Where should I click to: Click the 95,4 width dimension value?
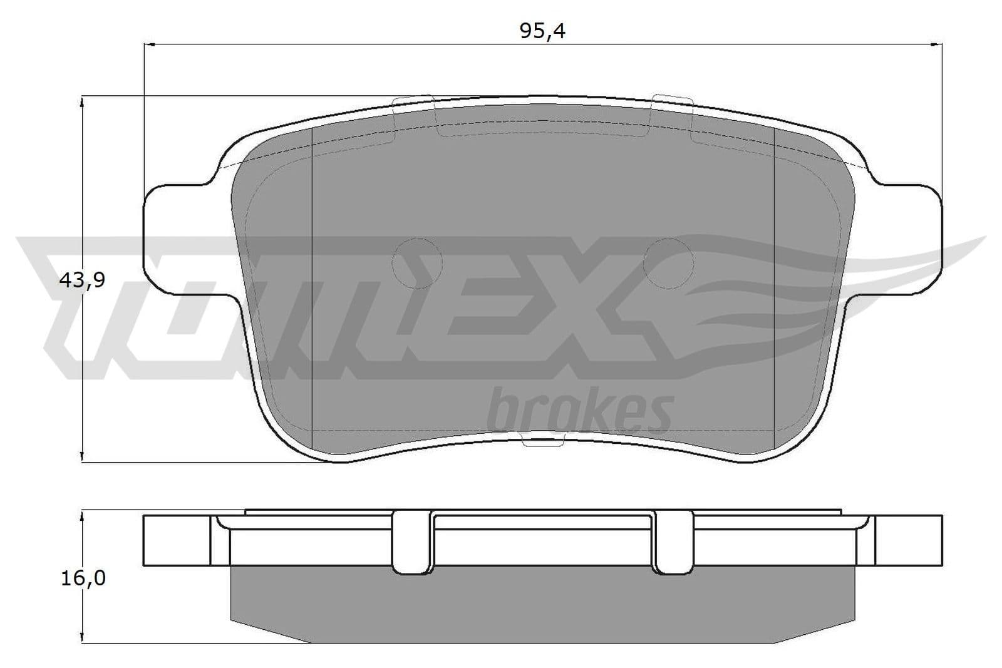pyautogui.click(x=542, y=31)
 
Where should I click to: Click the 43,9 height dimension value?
pyautogui.click(x=82, y=280)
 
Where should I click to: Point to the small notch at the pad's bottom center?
pyautogui.click(x=541, y=443)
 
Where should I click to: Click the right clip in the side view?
pyautogui.click(x=673, y=542)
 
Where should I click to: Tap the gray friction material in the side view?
pyautogui.click(x=542, y=604)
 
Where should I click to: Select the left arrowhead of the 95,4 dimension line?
pyautogui.click(x=149, y=44)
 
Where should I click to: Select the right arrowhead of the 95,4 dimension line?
pyautogui.click(x=937, y=44)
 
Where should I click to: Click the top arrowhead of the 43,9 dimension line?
pyautogui.click(x=82, y=101)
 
